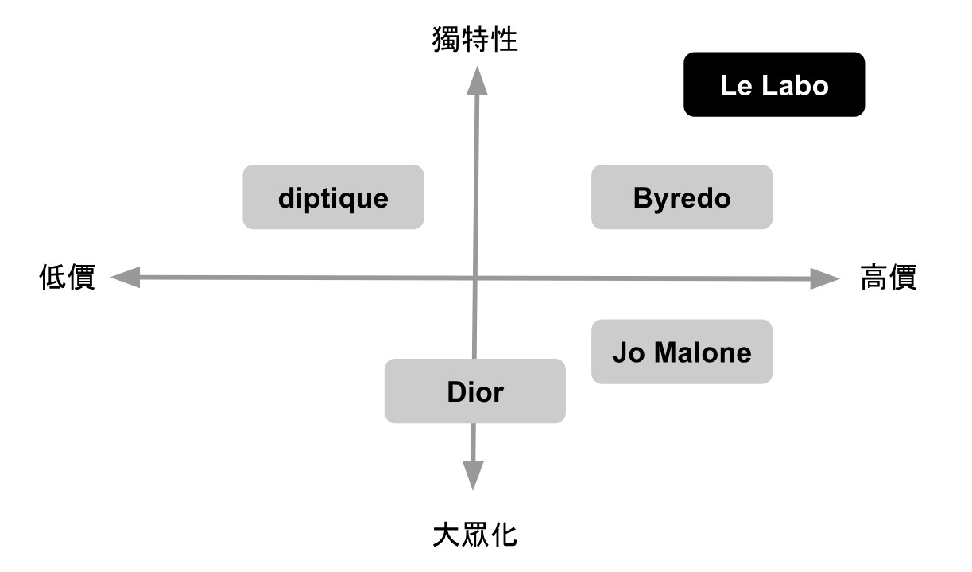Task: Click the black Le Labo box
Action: tap(774, 84)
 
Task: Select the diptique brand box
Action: tap(333, 197)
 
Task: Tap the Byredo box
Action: tap(682, 197)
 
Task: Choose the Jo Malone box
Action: tap(682, 352)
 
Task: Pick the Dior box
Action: tap(475, 391)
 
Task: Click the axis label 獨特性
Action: tap(475, 39)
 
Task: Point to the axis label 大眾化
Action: tap(475, 535)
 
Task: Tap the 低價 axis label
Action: tap(68, 277)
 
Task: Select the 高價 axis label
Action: tap(889, 277)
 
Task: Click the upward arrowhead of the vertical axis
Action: tap(477, 82)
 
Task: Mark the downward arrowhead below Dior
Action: tap(473, 475)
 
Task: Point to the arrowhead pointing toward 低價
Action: tap(126, 277)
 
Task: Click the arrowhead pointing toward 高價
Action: tap(825, 278)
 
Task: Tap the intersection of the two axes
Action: tap(475, 278)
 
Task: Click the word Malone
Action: tap(703, 352)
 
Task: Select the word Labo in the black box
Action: tap(796, 85)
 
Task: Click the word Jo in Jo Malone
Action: tap(629, 352)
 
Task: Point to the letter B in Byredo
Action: tap(643, 198)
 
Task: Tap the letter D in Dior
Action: tap(457, 392)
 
